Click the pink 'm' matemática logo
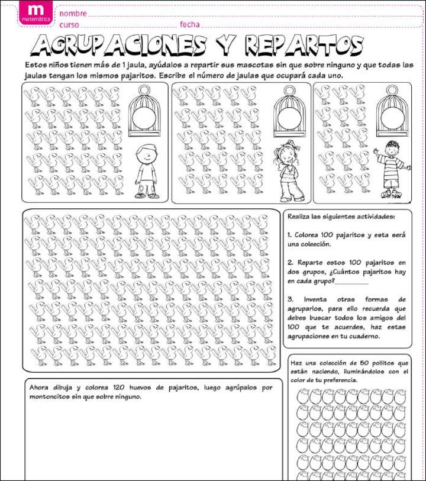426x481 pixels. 35,12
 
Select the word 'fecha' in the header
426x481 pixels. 190,25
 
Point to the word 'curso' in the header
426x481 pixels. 69,25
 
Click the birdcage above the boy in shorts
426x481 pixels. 144,111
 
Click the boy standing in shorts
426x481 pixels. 146,171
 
